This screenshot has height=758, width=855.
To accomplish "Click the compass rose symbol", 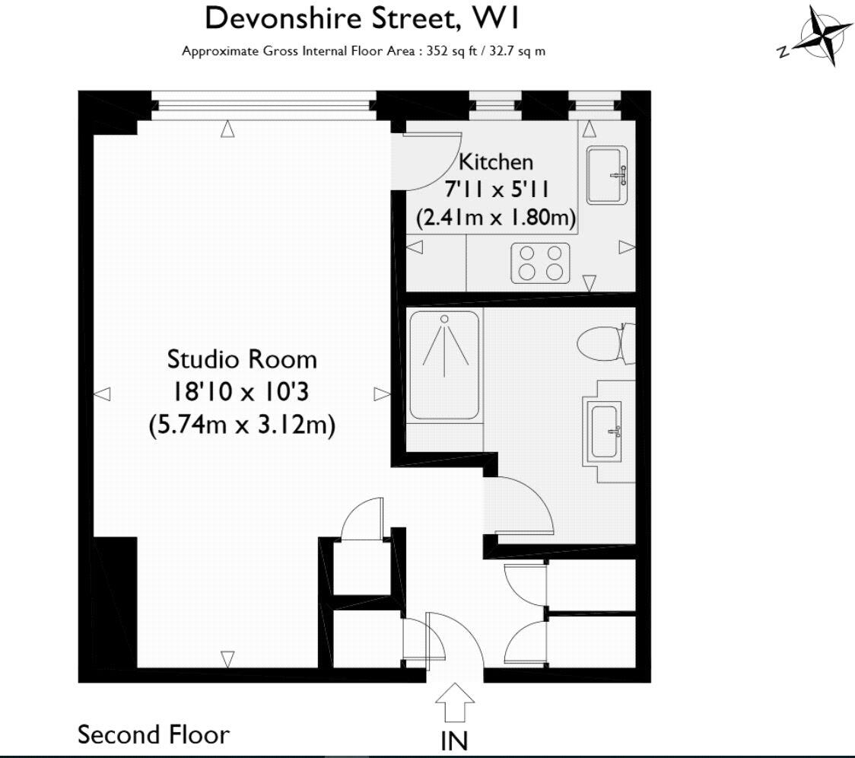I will [x=820, y=36].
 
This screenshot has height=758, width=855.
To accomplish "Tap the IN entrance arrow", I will [x=455, y=702].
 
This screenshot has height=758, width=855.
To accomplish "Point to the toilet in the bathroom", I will [x=603, y=345].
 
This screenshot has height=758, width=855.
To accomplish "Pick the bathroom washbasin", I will [x=605, y=431].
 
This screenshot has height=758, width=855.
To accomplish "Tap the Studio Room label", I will [x=242, y=358].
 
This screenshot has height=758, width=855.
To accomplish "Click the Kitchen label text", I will [x=496, y=161].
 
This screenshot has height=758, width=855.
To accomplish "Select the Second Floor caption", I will [x=154, y=735].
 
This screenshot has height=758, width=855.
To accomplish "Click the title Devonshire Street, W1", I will [x=364, y=18].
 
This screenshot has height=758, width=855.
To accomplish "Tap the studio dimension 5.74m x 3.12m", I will [x=242, y=425].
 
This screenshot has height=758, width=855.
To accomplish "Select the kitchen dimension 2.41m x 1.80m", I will [x=496, y=218].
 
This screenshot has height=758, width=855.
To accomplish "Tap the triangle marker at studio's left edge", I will [x=102, y=393].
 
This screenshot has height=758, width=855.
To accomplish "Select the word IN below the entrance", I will [x=454, y=740].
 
